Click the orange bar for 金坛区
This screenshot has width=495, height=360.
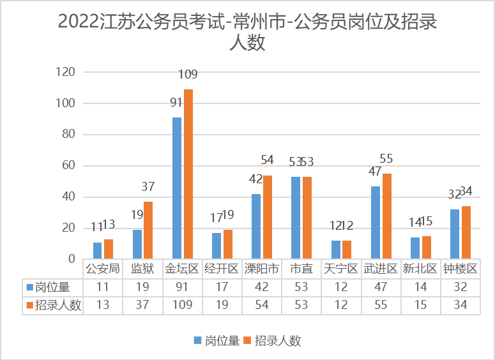(188, 174)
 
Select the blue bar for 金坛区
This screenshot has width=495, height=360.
(177, 188)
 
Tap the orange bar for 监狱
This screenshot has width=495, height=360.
(148, 230)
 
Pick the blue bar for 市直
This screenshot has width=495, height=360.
(296, 218)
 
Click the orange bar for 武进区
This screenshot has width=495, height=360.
(386, 216)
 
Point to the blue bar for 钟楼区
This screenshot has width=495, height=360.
(454, 234)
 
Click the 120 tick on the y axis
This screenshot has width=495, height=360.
(66, 72)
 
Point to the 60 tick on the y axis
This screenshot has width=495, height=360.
(69, 166)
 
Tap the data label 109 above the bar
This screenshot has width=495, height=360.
(188, 75)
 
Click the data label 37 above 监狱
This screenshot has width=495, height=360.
(148, 187)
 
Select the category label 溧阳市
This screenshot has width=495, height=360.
(262, 269)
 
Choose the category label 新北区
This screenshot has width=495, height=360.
(420, 269)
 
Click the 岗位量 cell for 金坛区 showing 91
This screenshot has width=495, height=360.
(182, 287)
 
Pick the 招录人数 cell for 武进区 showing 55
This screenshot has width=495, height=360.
(381, 305)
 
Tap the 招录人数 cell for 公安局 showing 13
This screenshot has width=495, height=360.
(103, 305)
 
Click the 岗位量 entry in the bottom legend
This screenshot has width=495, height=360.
(217, 340)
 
